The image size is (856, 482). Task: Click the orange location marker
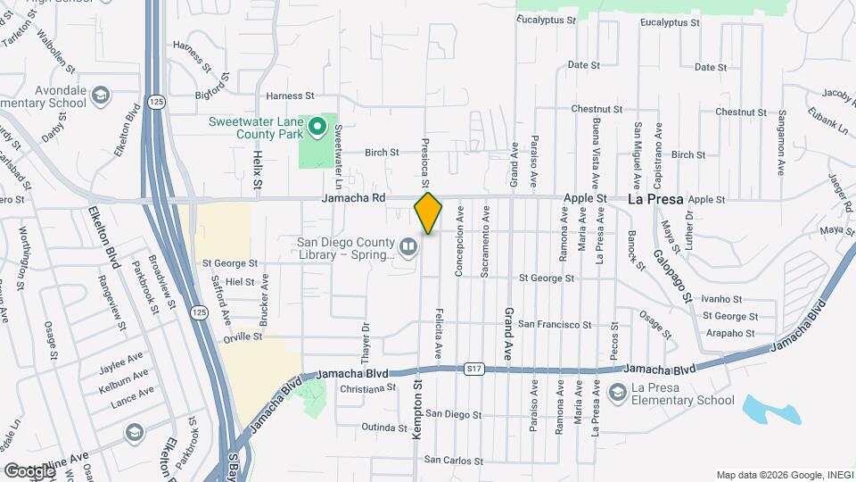(428, 212)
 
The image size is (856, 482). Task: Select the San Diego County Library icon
(407, 245)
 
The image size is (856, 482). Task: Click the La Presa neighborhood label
(654, 200)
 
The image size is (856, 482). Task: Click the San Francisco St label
(555, 324)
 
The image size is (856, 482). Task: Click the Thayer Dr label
(365, 337)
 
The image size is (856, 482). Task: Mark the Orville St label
(243, 337)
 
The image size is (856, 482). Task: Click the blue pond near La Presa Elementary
(767, 408)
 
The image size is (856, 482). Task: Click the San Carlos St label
(452, 461)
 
